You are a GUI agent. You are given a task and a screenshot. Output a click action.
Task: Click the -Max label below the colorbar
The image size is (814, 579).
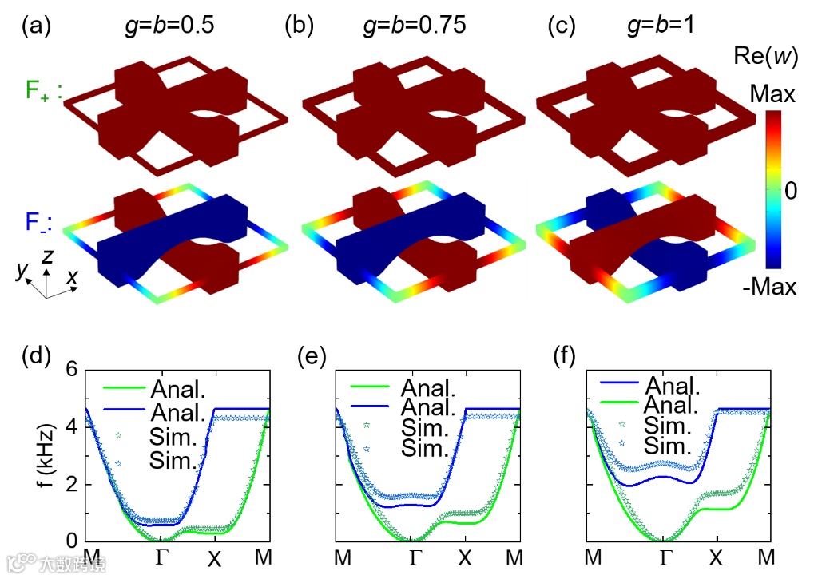point(769,285)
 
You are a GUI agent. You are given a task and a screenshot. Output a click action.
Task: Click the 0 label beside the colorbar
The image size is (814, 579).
point(790,190)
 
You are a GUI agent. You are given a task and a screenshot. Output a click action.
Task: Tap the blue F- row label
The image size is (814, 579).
point(38,226)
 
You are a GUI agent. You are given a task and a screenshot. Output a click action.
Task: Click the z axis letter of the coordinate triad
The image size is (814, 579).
point(50,257)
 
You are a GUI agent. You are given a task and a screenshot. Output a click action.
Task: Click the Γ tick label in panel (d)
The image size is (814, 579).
point(162,557)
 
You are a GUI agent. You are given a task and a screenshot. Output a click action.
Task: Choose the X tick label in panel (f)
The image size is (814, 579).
point(717,557)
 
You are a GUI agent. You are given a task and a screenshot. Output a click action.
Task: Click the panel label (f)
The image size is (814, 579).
point(566,356)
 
